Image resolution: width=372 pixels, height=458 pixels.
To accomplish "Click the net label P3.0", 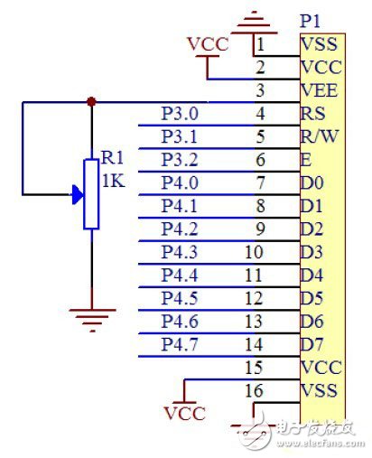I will pyautogui.click(x=178, y=114).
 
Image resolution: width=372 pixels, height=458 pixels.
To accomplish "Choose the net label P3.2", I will pyautogui.click(x=178, y=160).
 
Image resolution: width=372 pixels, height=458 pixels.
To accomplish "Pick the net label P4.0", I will pyautogui.click(x=178, y=182).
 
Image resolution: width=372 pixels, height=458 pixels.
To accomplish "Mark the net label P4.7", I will pyautogui.click(x=178, y=343).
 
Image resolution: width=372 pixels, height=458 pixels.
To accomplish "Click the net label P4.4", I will pyautogui.click(x=178, y=275).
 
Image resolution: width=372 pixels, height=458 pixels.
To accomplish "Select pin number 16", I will pyautogui.click(x=254, y=389).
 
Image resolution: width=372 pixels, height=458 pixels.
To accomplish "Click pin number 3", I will pyautogui.click(x=260, y=90).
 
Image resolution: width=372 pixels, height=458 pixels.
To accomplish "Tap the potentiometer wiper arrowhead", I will pyautogui.click(x=75, y=193).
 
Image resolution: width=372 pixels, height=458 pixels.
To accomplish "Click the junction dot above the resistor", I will pyautogui.click(x=90, y=102).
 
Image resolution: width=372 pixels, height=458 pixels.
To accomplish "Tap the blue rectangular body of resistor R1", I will pyautogui.click(x=90, y=193).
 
